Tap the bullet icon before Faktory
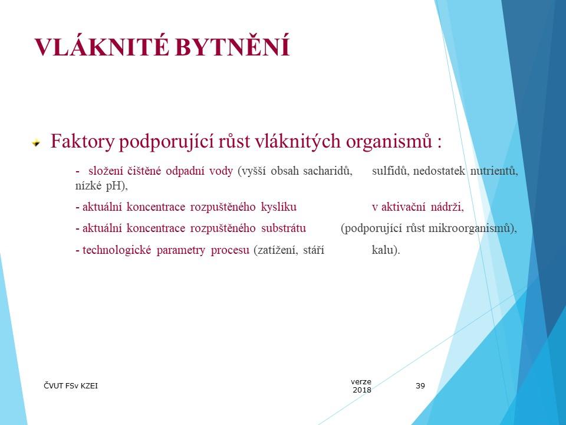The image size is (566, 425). (37, 143)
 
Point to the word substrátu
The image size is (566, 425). (287, 228)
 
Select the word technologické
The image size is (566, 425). (117, 250)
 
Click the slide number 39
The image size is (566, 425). (420, 386)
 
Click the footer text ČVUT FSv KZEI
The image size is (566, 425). (71, 386)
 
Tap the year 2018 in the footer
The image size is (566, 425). (361, 390)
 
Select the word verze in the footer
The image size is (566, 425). (361, 382)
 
